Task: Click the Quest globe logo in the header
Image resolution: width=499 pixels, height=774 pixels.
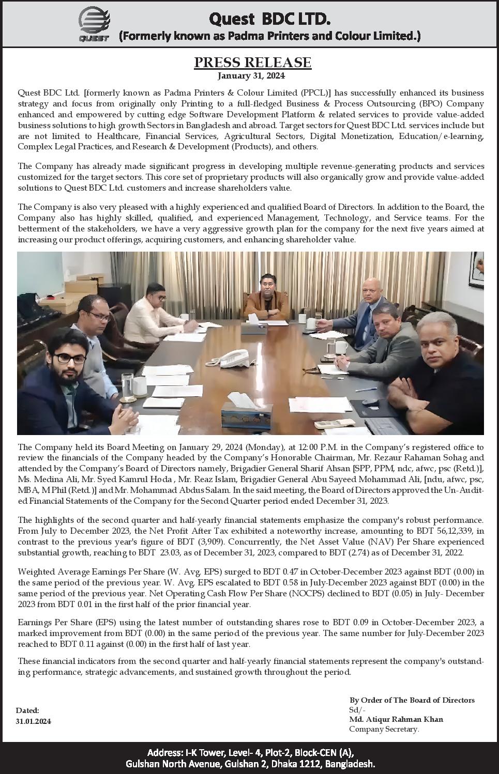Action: (x=94, y=23)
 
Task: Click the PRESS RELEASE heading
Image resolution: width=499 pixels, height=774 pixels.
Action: (x=252, y=63)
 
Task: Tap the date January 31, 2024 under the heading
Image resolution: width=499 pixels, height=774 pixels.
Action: (x=251, y=76)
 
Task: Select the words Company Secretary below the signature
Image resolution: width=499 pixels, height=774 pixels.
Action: (x=384, y=729)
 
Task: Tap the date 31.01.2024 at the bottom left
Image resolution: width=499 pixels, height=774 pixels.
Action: (x=34, y=721)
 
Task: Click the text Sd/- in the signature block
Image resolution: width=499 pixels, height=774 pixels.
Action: (x=357, y=710)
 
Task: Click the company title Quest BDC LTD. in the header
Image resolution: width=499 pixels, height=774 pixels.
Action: (x=269, y=19)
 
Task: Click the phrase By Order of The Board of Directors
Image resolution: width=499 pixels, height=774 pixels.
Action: (x=412, y=700)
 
